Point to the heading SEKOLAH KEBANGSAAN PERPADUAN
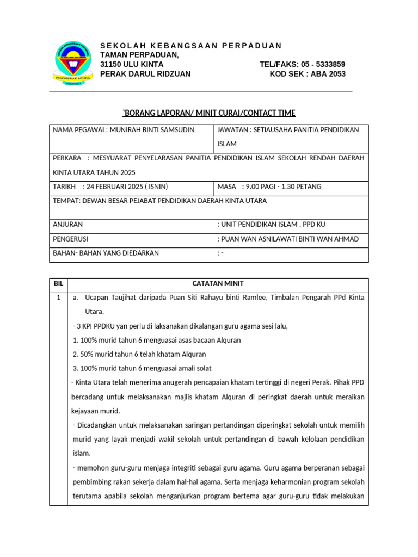(x=191, y=46)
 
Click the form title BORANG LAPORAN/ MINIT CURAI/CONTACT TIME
(x=209, y=113)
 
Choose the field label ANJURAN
(x=68, y=224)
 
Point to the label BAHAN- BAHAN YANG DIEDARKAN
(x=106, y=253)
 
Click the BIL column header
(x=58, y=284)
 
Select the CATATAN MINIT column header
(x=218, y=284)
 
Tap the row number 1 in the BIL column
(x=58, y=298)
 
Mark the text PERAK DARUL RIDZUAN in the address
(x=145, y=74)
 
